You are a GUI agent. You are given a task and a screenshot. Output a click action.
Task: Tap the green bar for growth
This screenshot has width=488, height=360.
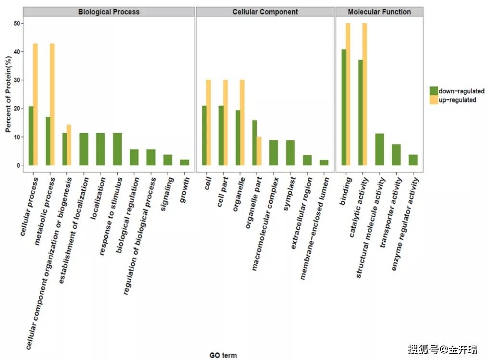coord(184,162)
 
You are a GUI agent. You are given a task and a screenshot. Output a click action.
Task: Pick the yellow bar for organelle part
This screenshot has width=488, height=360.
coord(259,151)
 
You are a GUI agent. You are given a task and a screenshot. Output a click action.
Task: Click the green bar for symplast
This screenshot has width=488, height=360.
coord(290,153)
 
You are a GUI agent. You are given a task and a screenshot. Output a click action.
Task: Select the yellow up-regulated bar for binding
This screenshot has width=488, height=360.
coord(348,94)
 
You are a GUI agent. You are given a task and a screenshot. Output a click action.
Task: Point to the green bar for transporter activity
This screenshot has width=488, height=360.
coord(396,155)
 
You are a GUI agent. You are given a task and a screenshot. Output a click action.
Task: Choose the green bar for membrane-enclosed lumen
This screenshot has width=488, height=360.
coord(324,162)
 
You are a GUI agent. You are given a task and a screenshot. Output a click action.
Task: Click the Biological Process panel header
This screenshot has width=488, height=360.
coord(109,12)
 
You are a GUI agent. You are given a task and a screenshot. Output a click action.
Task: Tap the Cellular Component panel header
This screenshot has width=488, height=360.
coord(265,12)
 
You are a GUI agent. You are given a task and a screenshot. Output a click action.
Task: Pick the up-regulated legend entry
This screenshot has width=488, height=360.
coord(457,100)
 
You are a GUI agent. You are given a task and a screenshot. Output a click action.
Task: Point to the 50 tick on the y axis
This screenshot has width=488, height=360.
coord(18,24)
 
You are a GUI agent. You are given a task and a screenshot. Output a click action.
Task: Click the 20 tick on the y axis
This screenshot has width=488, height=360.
coord(18,109)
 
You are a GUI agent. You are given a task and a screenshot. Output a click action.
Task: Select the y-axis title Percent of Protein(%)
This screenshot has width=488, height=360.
coord(8,95)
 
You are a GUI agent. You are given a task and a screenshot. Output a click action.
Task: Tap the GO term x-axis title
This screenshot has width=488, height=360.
coord(223,355)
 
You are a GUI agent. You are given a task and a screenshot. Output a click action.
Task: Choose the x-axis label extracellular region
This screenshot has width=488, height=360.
coord(302,212)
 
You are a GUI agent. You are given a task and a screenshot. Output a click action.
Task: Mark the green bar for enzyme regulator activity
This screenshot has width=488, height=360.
coord(413,160)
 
